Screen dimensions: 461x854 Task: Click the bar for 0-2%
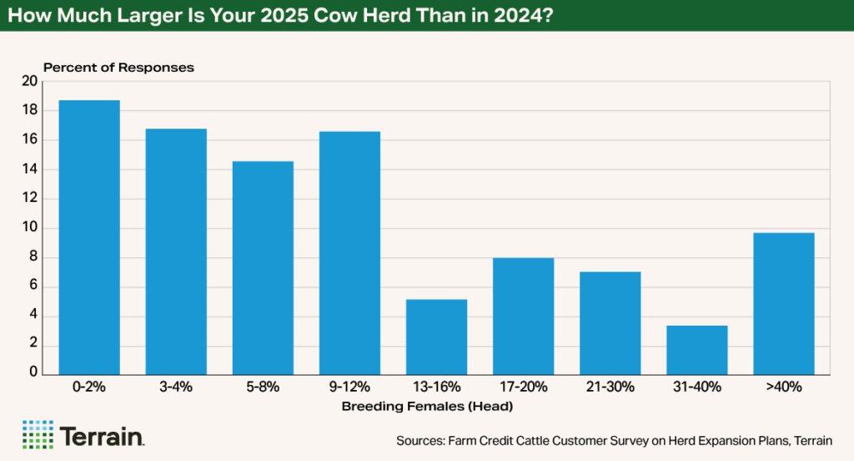click(x=89, y=237)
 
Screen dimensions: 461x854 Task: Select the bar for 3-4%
click(x=176, y=251)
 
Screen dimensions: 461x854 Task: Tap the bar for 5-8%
click(x=263, y=267)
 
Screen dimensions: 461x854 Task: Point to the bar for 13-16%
click(x=436, y=337)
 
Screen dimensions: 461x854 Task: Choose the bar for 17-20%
click(x=523, y=316)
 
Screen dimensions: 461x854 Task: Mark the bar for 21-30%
click(x=610, y=323)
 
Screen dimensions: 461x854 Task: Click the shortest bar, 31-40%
click(x=696, y=350)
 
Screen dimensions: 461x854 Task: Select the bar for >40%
click(x=783, y=303)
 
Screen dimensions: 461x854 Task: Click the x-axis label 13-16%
click(x=436, y=388)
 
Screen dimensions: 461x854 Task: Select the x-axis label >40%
click(x=783, y=388)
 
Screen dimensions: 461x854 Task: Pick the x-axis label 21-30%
click(x=610, y=388)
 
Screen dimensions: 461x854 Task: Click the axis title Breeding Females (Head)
click(x=426, y=407)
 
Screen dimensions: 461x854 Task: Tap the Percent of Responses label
click(x=118, y=67)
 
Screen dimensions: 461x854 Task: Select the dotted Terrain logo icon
click(x=38, y=435)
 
